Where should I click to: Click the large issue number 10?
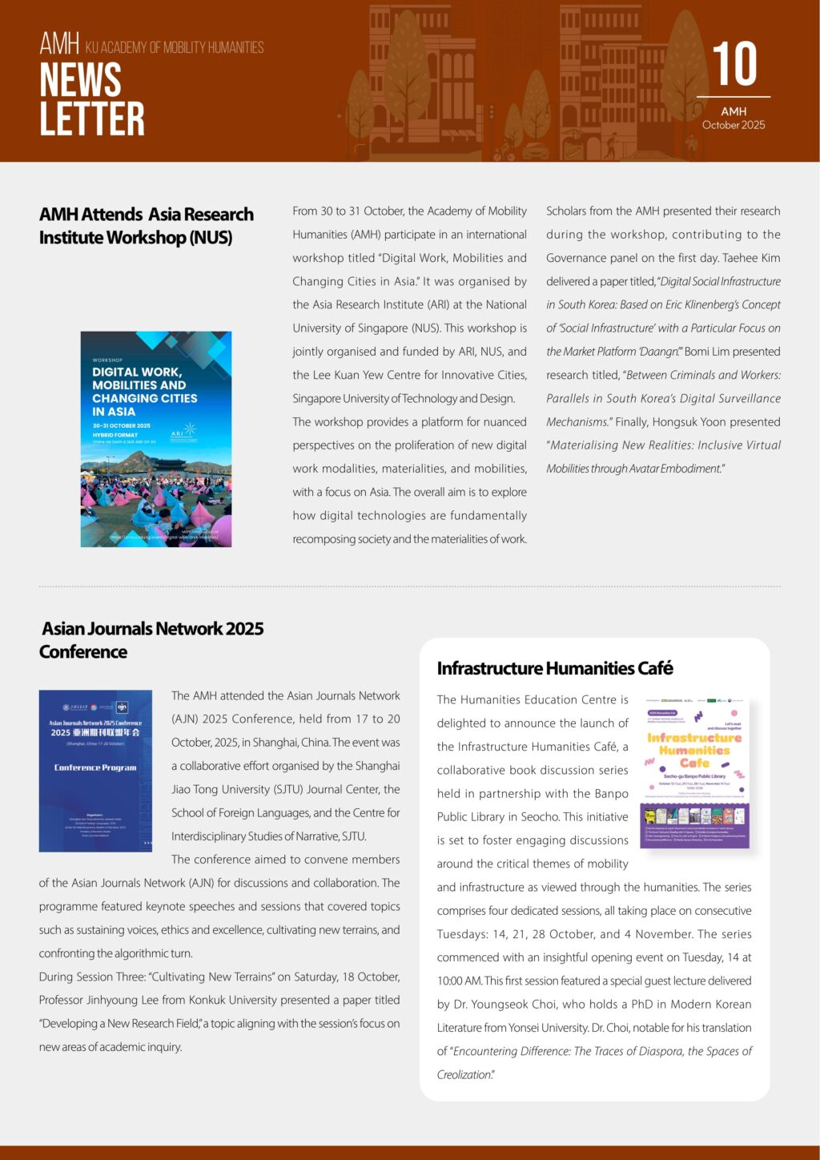734,64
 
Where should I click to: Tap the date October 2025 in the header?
734,125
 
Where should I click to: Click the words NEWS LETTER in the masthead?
92,99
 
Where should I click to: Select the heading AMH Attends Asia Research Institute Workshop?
147,226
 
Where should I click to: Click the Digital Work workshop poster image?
156,439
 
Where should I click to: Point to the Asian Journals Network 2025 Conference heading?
152,640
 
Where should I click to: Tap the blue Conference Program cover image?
95,771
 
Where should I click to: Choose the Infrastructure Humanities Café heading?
554,668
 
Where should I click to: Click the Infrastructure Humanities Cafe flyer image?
695,774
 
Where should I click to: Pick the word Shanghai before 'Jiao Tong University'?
376,766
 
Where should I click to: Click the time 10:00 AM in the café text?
459,981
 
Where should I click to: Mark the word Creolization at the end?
464,1074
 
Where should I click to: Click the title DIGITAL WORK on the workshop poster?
137,372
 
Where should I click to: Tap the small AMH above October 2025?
734,111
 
